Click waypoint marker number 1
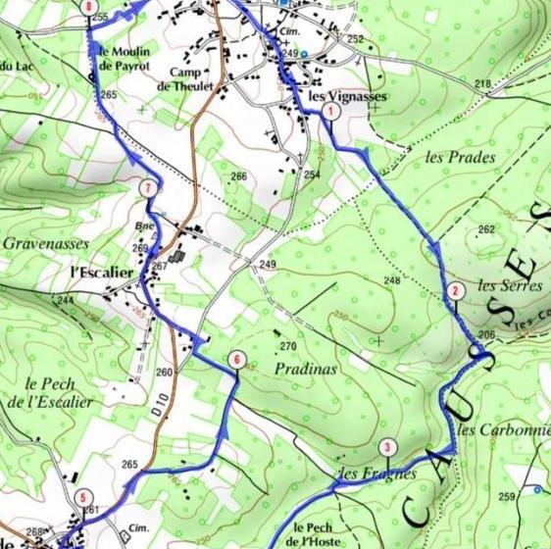332,113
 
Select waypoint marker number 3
388,449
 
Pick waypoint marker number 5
84,496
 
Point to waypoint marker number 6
236,360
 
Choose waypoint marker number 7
147,187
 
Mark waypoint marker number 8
91,8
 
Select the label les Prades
461,156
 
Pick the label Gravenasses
45,242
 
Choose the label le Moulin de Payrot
124,58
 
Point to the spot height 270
287,347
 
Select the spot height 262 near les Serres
486,229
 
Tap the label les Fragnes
376,474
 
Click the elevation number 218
481,84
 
